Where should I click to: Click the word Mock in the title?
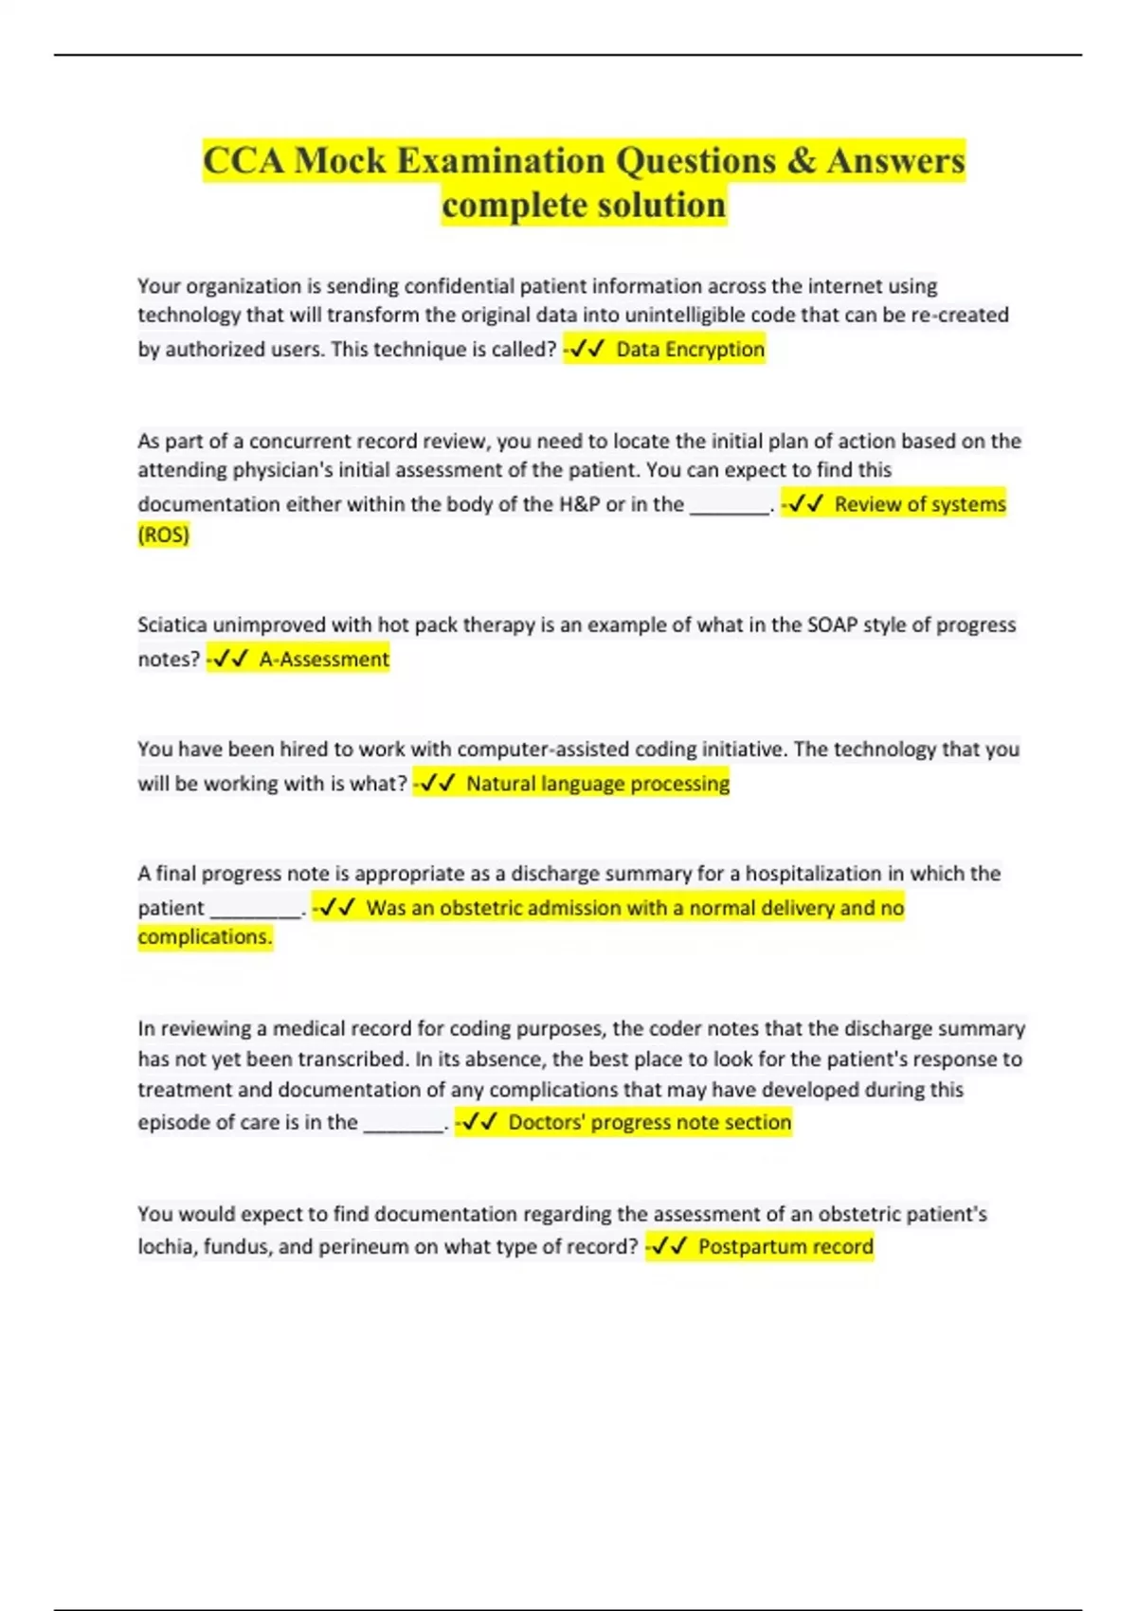[339, 160]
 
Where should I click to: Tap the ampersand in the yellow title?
[801, 160]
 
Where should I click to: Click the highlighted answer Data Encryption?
[690, 349]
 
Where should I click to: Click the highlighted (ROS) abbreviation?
[163, 534]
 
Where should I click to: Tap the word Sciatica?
[172, 624]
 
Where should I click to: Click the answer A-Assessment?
[324, 659]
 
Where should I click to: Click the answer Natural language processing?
[598, 784]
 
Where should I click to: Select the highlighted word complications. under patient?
[205, 936]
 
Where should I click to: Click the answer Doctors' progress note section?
[649, 1122]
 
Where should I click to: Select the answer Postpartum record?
[785, 1246]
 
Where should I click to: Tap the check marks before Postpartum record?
[670, 1246]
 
